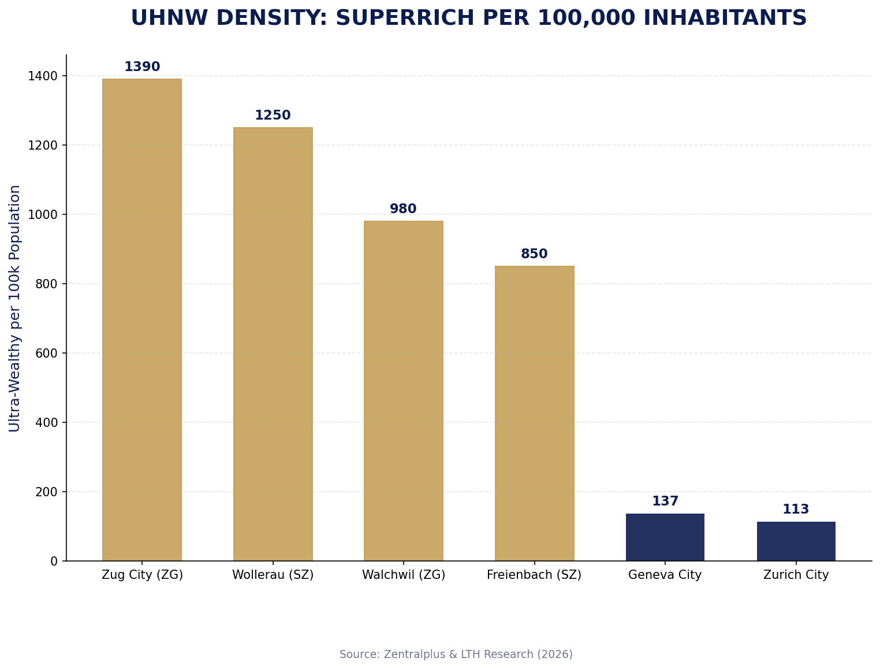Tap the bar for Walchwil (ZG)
click(404, 391)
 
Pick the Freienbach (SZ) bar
click(534, 413)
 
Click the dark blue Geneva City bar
click(665, 537)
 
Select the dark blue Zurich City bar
click(796, 541)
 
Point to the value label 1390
click(142, 67)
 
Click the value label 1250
click(273, 116)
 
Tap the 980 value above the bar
click(403, 209)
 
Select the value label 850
click(534, 254)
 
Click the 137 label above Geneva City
click(665, 501)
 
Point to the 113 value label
click(796, 510)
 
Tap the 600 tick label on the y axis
click(47, 353)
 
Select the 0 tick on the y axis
click(54, 561)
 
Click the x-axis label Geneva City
click(665, 575)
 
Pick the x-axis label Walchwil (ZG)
click(404, 575)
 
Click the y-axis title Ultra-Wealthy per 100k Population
click(15, 308)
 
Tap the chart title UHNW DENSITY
click(468, 18)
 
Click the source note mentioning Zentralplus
click(456, 654)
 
